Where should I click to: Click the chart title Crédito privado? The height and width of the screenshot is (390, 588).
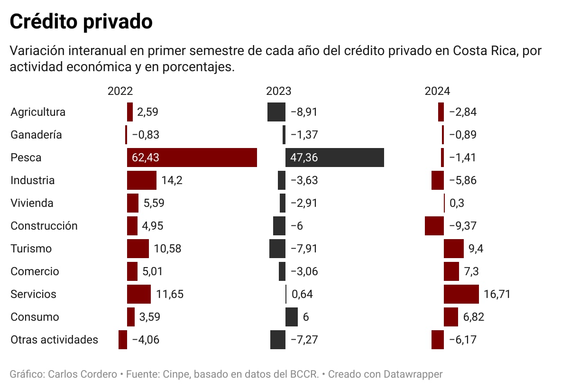tap(81, 22)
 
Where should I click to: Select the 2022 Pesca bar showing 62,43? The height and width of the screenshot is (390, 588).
tap(192, 158)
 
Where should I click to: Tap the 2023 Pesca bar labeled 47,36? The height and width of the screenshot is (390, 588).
tap(334, 158)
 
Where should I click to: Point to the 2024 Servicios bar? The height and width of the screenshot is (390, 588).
tap(461, 294)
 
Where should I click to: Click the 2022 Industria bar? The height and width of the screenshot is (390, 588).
tap(141, 180)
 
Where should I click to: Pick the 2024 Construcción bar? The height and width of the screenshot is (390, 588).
tap(434, 226)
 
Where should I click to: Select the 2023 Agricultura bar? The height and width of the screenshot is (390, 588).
tap(276, 112)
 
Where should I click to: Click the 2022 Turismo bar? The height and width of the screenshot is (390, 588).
tap(138, 249)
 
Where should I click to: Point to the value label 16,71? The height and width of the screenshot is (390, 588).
tap(497, 294)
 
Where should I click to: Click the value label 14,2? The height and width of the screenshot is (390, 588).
tap(172, 180)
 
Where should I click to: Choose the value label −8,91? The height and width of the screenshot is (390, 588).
tap(303, 112)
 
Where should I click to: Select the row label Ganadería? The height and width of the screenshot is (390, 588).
tap(36, 135)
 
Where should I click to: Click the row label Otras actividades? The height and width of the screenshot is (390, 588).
tap(54, 340)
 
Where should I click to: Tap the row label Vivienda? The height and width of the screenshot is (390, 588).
tap(32, 203)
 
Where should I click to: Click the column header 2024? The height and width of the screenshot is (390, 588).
tap(437, 92)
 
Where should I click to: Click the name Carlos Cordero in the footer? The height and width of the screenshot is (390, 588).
tap(83, 374)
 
